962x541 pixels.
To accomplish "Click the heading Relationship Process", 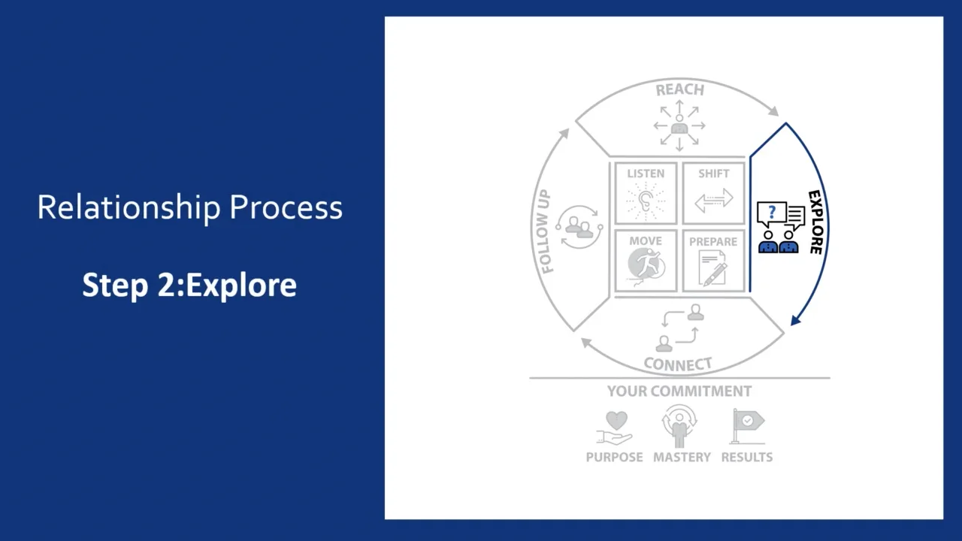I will click(x=189, y=208).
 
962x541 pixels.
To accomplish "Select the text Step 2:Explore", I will click(x=189, y=286).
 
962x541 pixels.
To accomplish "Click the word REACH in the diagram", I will click(x=679, y=90).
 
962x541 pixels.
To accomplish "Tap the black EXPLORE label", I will click(x=815, y=222).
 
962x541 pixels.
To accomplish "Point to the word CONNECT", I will click(x=678, y=365).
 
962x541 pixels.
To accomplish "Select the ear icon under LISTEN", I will click(x=646, y=201).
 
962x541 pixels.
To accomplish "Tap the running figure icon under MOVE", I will click(x=646, y=267).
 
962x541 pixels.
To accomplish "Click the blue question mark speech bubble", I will click(x=771, y=213).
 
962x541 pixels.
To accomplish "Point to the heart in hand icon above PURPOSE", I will click(x=615, y=427).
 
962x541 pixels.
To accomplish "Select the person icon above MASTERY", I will click(x=680, y=426).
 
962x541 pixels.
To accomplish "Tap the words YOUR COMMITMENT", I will click(x=679, y=391).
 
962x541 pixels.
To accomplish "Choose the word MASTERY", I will click(x=682, y=457).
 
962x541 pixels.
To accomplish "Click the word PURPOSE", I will click(x=615, y=457).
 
